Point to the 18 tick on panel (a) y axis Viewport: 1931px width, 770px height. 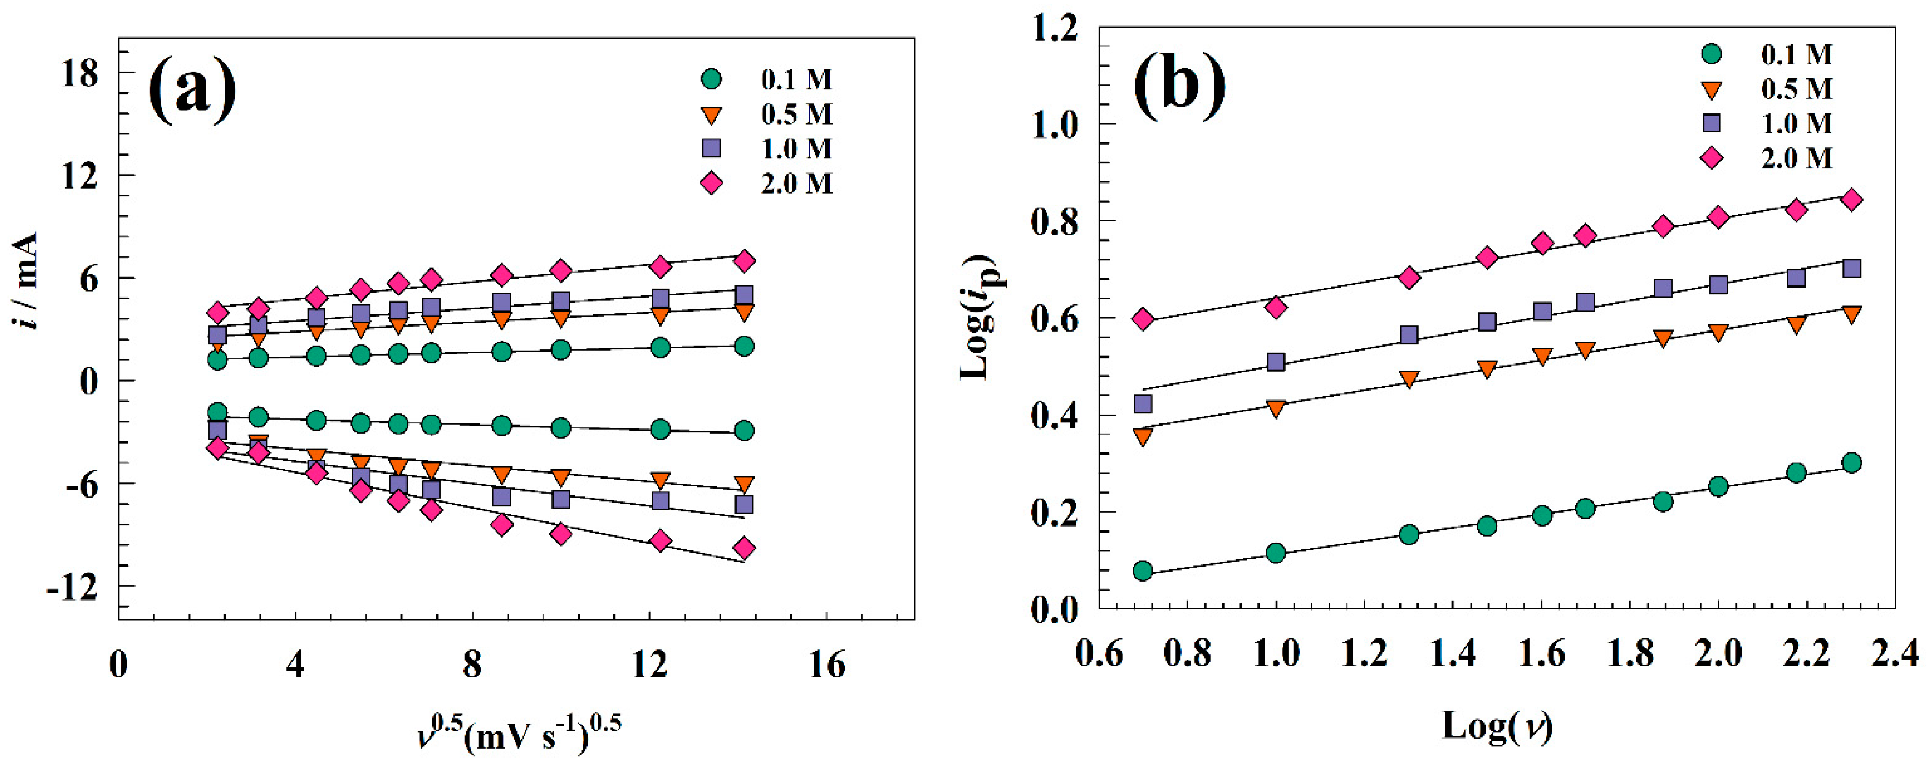pyautogui.click(x=80, y=74)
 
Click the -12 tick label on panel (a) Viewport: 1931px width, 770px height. pyautogui.click(x=73, y=587)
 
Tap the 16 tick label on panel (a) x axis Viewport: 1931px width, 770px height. pyautogui.click(x=826, y=664)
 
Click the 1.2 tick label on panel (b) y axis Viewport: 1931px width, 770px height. pyautogui.click(x=1054, y=29)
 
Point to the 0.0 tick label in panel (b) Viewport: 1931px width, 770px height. pyautogui.click(x=1054, y=609)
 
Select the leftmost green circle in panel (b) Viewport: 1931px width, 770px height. pyautogui.click(x=1142, y=571)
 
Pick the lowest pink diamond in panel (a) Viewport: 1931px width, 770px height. pyautogui.click(x=744, y=548)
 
